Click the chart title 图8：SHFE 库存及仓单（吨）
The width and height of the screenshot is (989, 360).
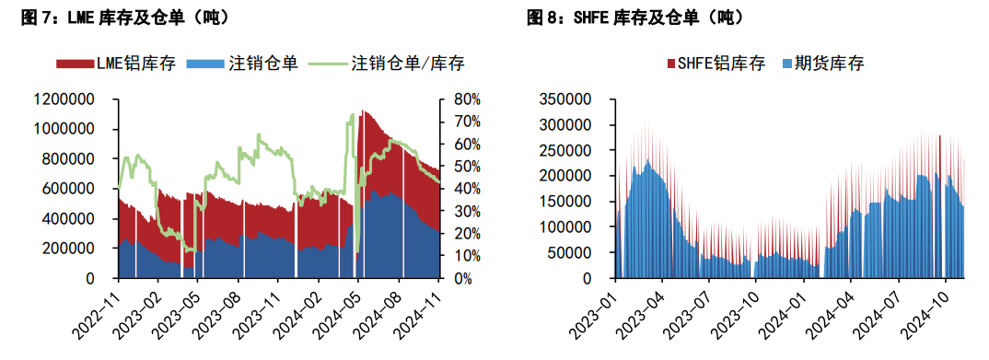point(634,17)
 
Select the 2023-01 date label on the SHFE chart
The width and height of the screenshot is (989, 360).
point(601,314)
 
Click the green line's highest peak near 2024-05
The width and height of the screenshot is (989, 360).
point(353,115)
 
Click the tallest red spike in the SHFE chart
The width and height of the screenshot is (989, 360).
point(939,135)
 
